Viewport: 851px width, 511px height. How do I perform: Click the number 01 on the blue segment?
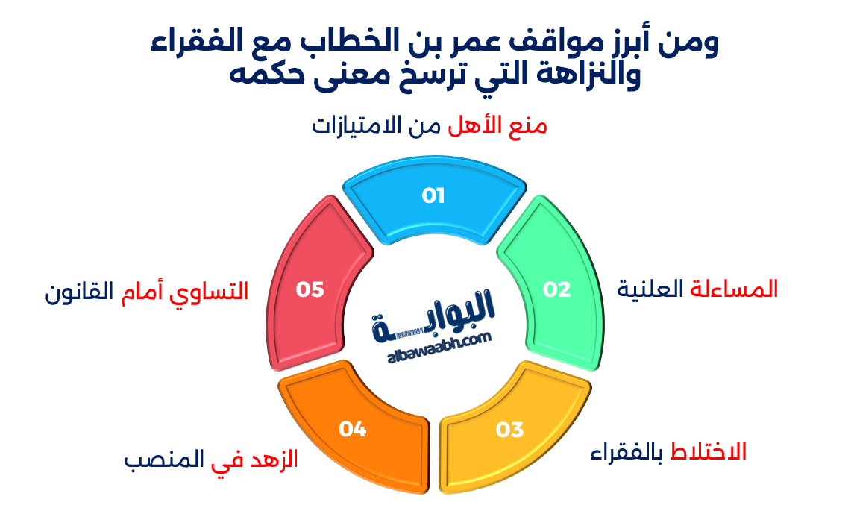(433, 196)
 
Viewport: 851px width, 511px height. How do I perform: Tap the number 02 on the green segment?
(556, 289)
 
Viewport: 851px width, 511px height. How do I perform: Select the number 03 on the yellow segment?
(510, 430)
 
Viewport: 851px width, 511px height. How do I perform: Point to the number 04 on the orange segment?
(353, 429)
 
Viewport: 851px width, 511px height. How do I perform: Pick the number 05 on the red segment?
(310, 289)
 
